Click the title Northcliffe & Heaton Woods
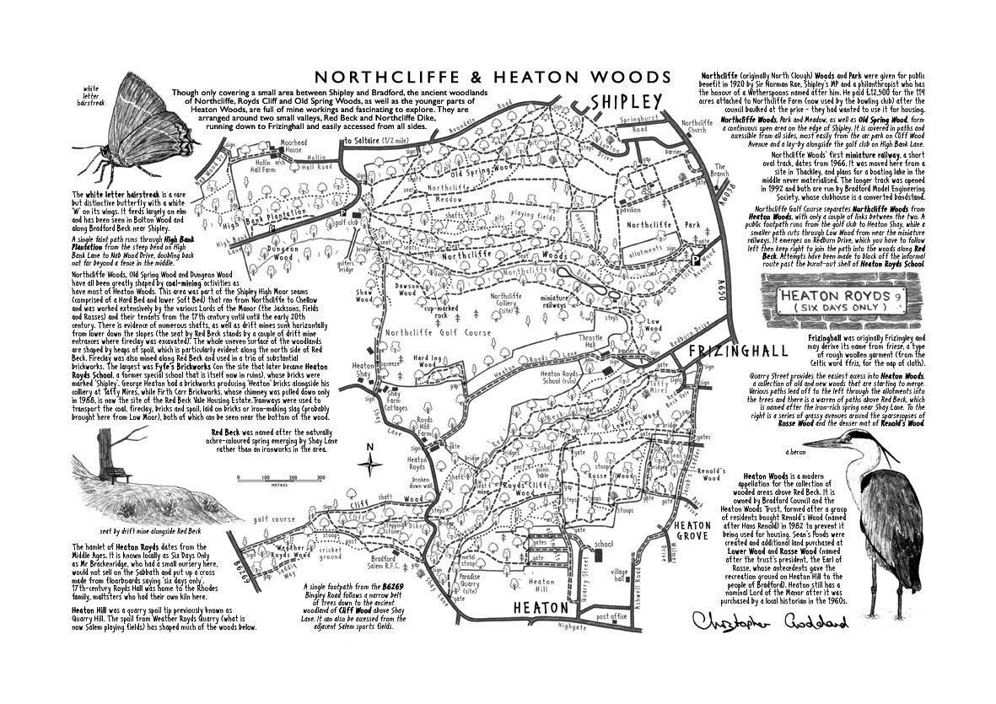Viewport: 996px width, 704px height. (492, 77)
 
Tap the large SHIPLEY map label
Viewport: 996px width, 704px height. (626, 101)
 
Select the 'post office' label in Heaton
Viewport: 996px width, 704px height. (612, 616)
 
